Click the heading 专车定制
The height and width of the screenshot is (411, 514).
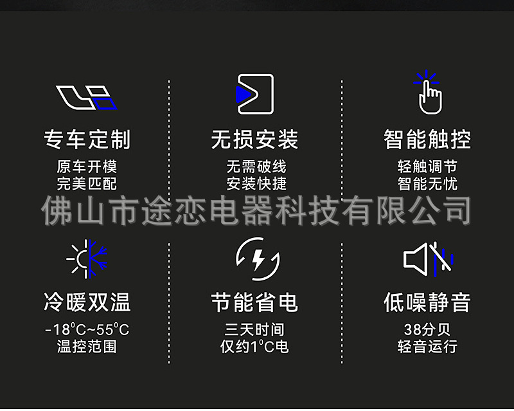click(87, 139)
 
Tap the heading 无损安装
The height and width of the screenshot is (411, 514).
click(255, 139)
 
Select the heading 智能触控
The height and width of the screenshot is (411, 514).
click(427, 139)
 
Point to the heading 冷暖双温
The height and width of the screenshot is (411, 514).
click(87, 302)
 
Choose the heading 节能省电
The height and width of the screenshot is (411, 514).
click(255, 302)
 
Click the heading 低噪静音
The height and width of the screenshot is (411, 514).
click(427, 302)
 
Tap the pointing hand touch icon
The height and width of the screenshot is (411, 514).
click(429, 93)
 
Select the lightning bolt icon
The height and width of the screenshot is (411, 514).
click(257, 259)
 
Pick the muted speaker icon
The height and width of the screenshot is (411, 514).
click(428, 259)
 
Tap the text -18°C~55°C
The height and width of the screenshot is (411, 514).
click(87, 330)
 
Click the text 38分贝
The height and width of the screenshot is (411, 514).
click(427, 330)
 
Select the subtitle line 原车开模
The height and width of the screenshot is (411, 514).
click(87, 167)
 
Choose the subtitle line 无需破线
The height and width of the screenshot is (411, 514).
click(256, 167)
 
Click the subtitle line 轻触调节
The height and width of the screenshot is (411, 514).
click(427, 167)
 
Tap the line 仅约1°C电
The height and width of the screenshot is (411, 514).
click(254, 347)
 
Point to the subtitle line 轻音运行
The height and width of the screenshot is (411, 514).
click(427, 347)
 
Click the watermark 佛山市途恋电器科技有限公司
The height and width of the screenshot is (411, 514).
click(257, 211)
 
